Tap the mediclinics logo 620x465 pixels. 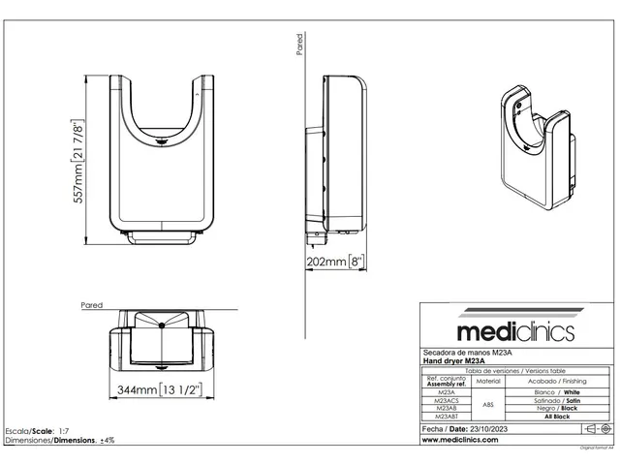pos(514,332)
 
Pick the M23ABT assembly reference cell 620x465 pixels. pos(441,415)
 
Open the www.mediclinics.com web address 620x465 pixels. pos(460,439)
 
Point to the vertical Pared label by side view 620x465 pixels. pos(299,45)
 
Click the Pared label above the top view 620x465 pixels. pos(92,304)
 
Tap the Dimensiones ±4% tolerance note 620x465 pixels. pos(59,440)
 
